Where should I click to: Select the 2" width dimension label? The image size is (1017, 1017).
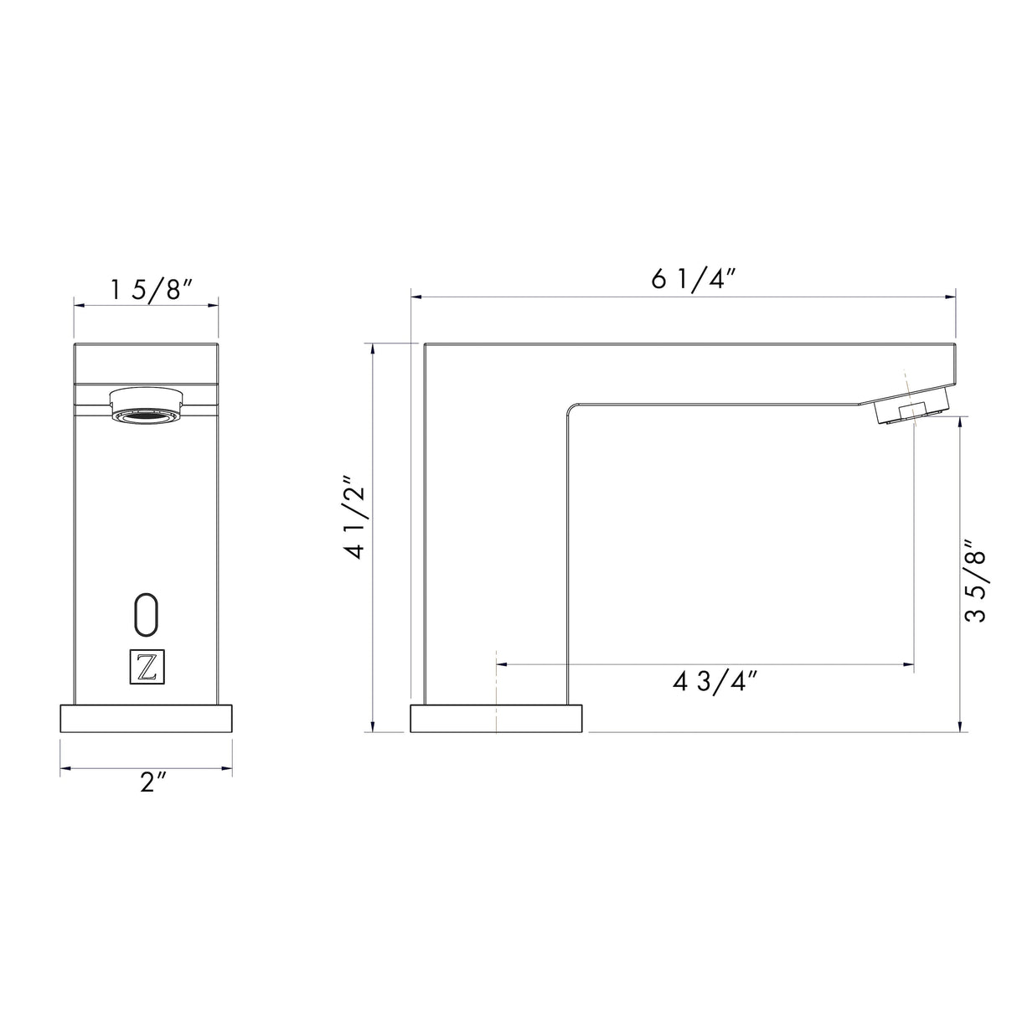point(152,782)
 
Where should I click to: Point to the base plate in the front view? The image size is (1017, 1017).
point(146,719)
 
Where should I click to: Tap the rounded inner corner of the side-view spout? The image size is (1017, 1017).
point(571,407)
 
